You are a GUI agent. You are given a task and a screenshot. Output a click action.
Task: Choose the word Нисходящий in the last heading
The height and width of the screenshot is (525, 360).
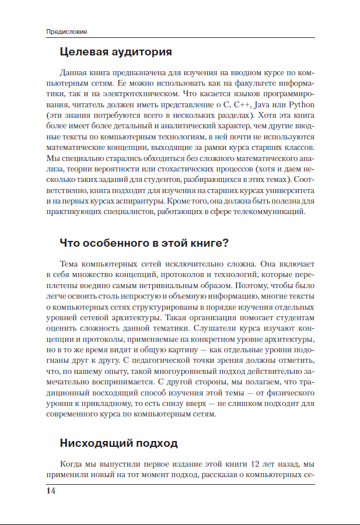[x=95, y=443]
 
